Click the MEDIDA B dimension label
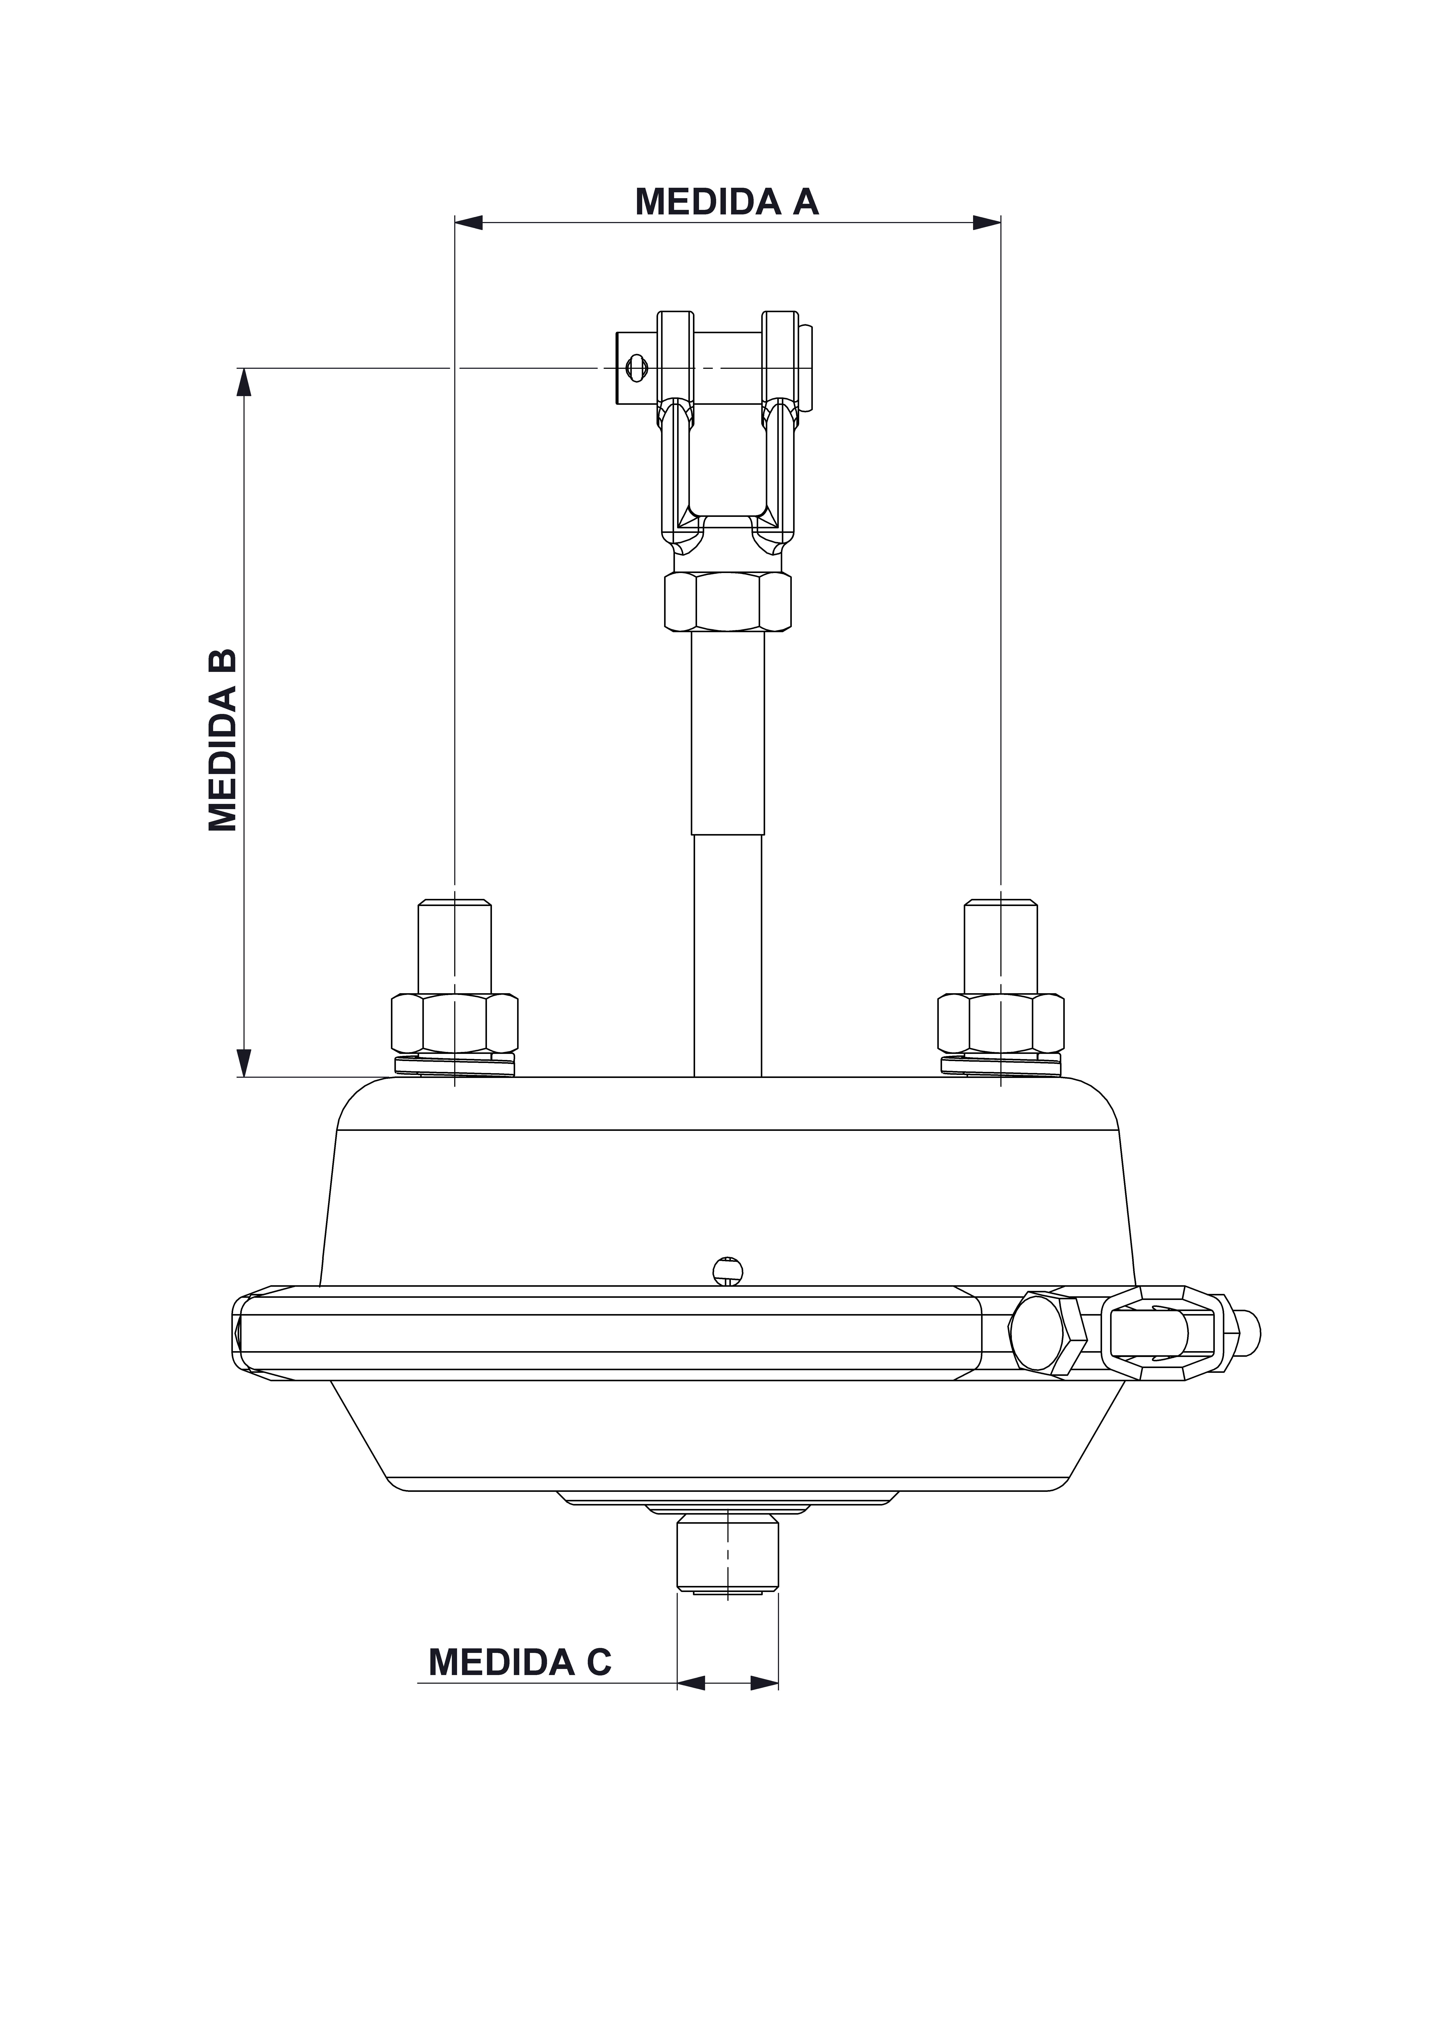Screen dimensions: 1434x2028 coord(223,740)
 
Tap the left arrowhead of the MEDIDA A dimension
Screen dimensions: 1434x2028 coord(468,223)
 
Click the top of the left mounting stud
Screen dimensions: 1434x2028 coord(454,903)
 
